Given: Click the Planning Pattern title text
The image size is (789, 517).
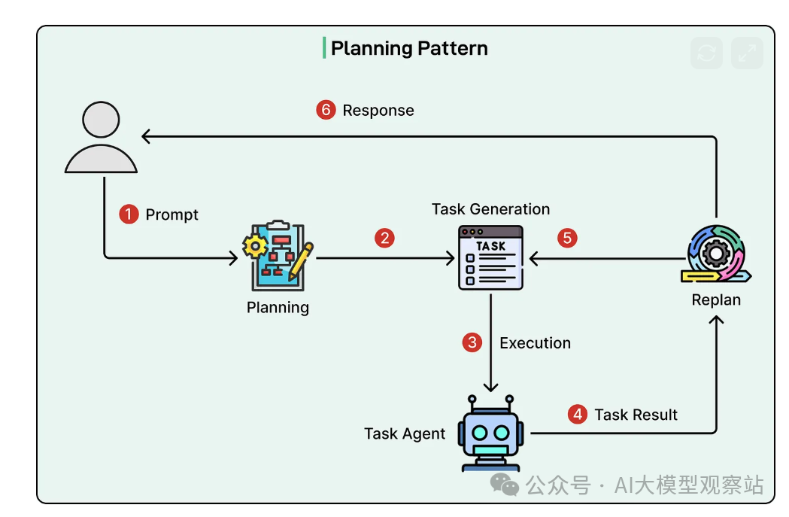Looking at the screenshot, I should point(409,49).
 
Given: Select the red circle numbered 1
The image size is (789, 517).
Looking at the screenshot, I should point(129,214).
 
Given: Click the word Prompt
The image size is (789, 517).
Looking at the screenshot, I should point(171,214).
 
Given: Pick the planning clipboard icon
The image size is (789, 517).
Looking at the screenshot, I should point(278,256).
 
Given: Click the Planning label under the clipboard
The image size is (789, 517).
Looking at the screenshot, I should point(278,307).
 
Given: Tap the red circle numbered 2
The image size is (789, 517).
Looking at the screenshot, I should point(384,239).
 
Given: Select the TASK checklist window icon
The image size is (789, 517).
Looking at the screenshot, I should point(490,257).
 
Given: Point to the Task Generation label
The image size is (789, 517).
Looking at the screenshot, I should point(490,209).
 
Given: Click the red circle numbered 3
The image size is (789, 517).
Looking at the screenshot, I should point(472,343).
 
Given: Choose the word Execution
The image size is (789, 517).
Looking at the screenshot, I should point(535,343).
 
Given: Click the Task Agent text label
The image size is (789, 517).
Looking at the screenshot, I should point(405,433).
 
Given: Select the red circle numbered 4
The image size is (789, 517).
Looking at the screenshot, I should point(577,415).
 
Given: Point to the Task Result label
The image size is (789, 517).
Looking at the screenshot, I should point(636,415).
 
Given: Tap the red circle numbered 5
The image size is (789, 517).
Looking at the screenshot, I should point(567,239).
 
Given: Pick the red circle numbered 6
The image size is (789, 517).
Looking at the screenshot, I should point(325,111).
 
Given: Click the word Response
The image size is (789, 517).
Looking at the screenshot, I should point(378,111).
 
